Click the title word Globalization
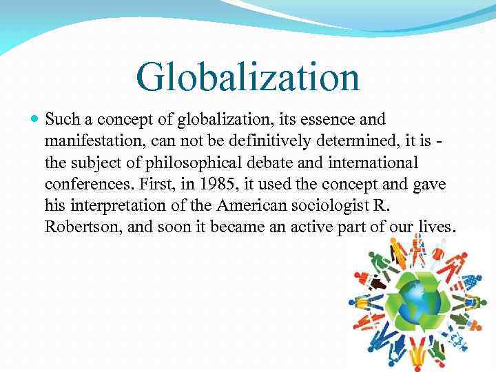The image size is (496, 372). (248, 76)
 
